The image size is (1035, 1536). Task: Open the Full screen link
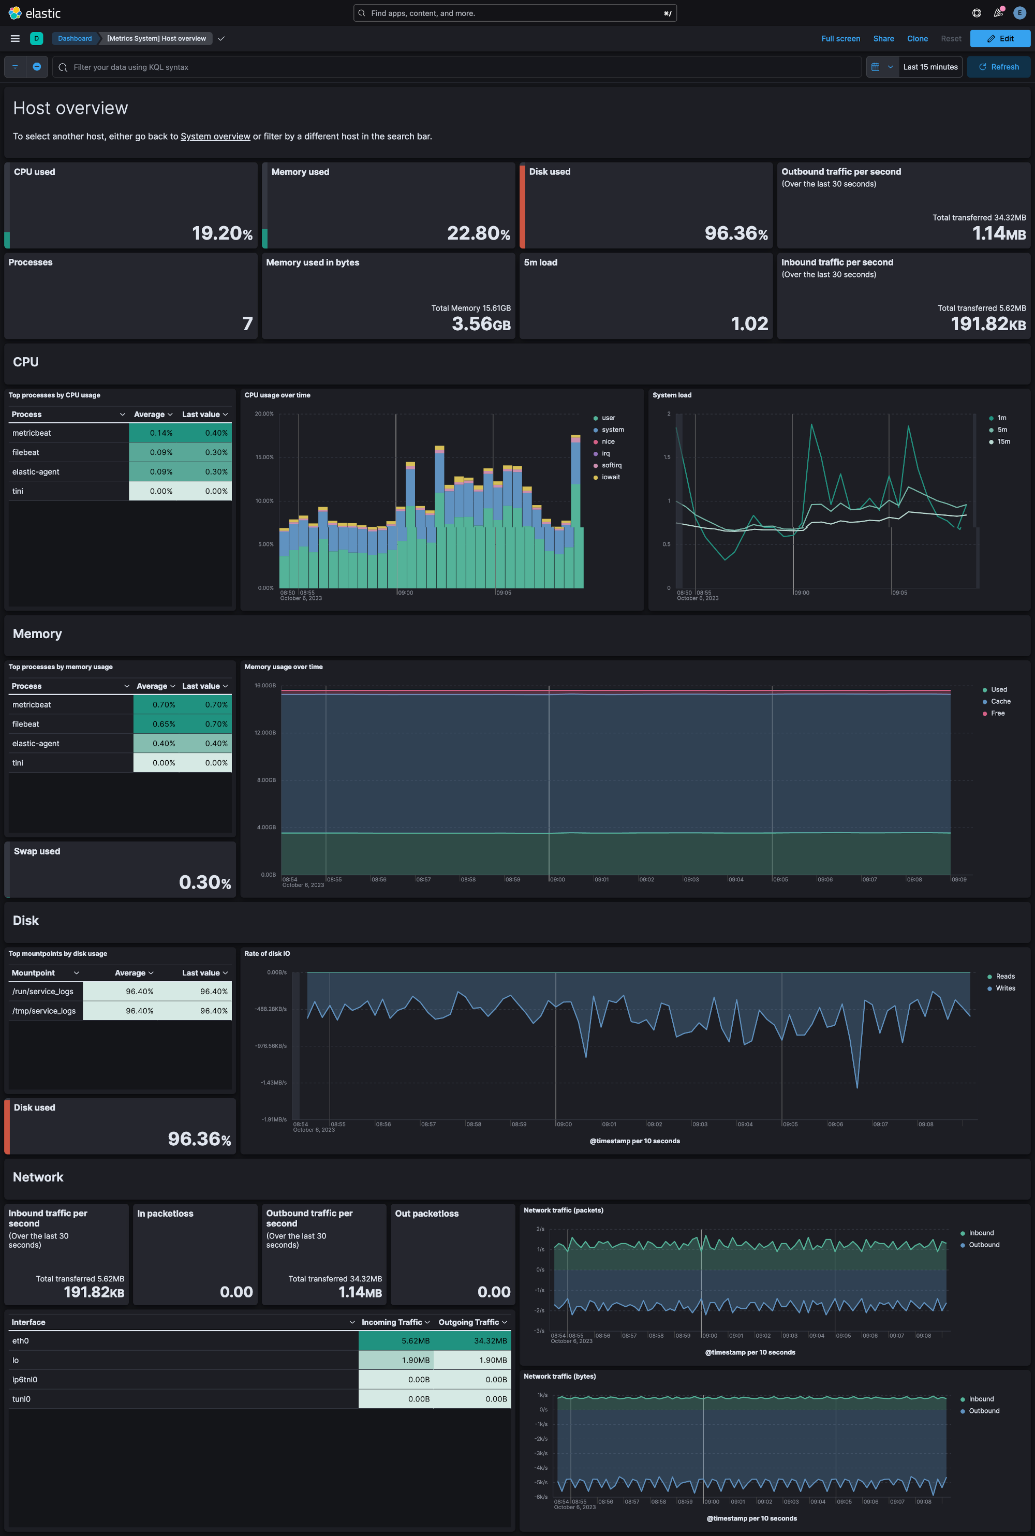click(x=840, y=38)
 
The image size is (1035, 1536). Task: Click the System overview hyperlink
click(x=215, y=137)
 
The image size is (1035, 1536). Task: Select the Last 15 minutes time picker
click(x=929, y=67)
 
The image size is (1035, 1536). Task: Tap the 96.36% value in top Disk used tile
click(x=735, y=233)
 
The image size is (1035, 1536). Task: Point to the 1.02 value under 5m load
click(x=749, y=323)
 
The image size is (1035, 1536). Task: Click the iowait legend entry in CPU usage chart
click(x=610, y=477)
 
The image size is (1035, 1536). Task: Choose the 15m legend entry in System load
click(x=1003, y=441)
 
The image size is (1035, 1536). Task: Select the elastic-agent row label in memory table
click(x=36, y=743)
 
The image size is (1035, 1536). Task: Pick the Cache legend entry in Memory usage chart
click(x=1000, y=702)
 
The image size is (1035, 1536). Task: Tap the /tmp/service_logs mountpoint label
click(x=43, y=1011)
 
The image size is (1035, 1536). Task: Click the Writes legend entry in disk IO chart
click(x=1004, y=988)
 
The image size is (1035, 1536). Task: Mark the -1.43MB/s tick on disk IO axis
click(x=273, y=1083)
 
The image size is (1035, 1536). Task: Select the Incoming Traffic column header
click(x=391, y=1322)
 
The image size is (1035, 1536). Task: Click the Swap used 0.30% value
click(x=204, y=882)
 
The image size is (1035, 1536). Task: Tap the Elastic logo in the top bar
click(x=34, y=13)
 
